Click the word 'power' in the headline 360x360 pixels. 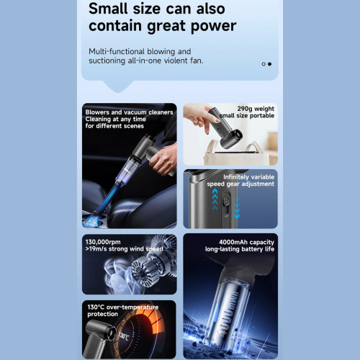pyautogui.click(x=214, y=27)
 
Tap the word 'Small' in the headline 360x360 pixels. pyautogui.click(x=108, y=9)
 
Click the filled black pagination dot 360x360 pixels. pyautogui.click(x=270, y=64)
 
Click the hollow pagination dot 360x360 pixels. pyautogui.click(x=264, y=64)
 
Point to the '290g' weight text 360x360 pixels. pyautogui.click(x=246, y=109)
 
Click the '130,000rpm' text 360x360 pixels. pyautogui.click(x=103, y=242)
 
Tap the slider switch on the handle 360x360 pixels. pyautogui.click(x=225, y=199)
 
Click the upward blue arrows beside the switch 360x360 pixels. pyautogui.click(x=215, y=199)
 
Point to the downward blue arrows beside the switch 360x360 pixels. pyautogui.click(x=237, y=208)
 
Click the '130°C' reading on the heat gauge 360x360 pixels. pyautogui.click(x=124, y=336)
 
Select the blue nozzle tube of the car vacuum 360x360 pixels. pyautogui.click(x=106, y=199)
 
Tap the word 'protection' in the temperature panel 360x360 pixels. pyautogui.click(x=102, y=314)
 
